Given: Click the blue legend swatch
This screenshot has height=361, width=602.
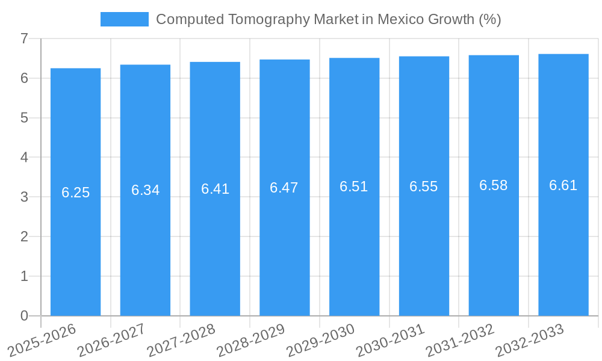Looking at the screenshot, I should pos(124,19).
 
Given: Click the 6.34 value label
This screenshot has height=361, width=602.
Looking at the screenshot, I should pos(145,190).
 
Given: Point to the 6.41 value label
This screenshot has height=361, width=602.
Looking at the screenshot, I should pos(215,189).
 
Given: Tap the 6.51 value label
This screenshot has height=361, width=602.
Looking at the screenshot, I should pos(353,187).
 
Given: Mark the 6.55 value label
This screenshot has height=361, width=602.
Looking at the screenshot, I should pos(423,187).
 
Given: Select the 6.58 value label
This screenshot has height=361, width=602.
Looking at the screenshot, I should pos(493,185).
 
